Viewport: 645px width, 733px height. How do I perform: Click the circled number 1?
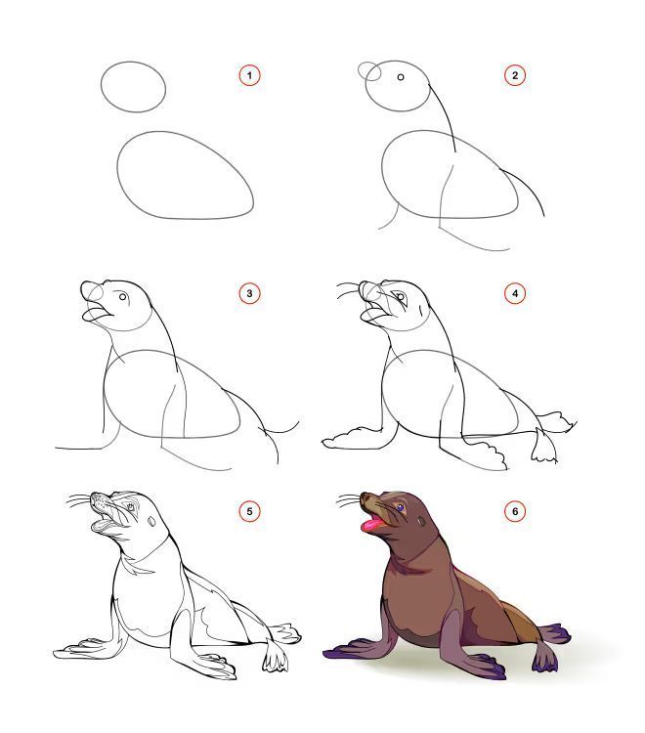249,75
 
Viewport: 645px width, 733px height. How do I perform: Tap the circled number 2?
515,75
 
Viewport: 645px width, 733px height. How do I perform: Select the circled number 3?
249,293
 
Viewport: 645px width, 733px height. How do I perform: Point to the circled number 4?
515,293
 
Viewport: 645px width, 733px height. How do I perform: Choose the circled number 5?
249,511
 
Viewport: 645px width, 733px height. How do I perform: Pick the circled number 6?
515,511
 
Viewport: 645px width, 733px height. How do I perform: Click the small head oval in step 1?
101,87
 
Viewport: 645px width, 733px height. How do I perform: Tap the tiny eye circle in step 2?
401,77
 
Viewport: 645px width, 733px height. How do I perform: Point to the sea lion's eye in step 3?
123,297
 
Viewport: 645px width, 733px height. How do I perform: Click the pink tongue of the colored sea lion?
371,525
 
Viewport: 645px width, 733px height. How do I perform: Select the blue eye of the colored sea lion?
400,507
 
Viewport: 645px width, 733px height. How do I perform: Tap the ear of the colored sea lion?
422,521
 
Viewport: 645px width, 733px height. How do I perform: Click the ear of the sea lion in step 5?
151,521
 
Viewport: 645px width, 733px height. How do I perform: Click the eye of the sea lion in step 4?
400,296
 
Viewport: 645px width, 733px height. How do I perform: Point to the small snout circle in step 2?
370,71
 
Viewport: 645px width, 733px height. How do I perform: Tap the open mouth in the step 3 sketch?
97,313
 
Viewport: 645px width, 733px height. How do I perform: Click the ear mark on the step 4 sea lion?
420,310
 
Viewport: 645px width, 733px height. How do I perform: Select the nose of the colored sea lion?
365,496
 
